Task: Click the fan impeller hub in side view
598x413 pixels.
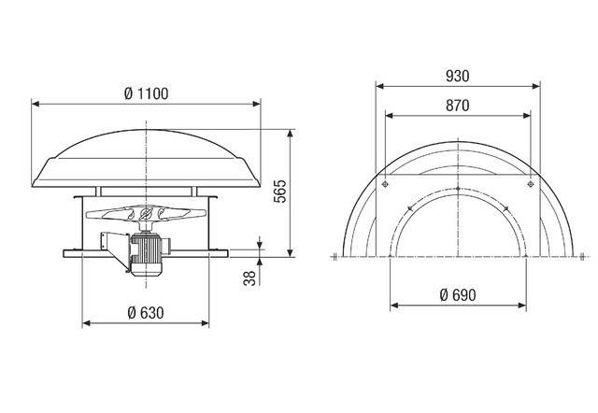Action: pyautogui.click(x=147, y=217)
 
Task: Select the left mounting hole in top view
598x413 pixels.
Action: pyautogui.click(x=385, y=186)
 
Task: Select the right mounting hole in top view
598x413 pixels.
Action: pyautogui.click(x=530, y=186)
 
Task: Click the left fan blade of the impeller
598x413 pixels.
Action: pyautogui.click(x=107, y=214)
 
